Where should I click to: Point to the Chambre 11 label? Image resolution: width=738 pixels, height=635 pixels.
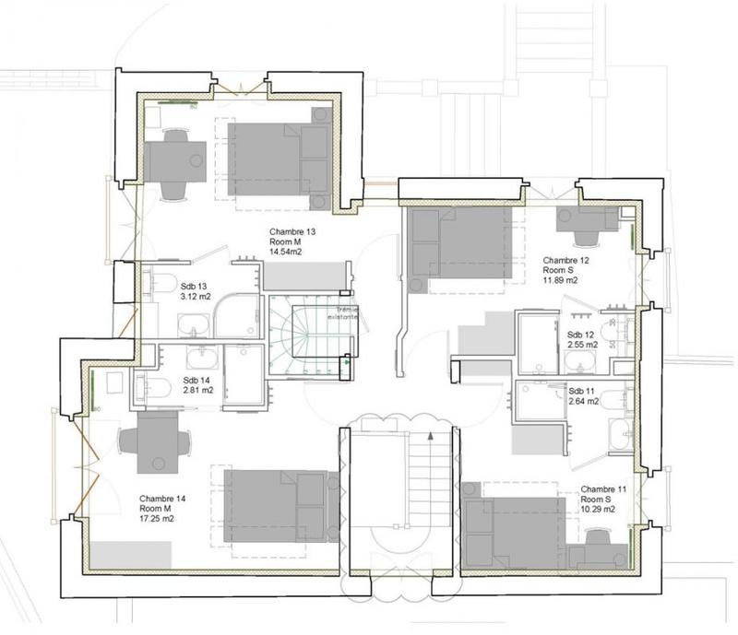604,488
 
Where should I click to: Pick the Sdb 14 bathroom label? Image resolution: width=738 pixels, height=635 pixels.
197,380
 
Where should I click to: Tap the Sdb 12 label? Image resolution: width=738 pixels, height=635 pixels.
581,334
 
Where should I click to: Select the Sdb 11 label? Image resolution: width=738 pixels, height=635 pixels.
580,389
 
